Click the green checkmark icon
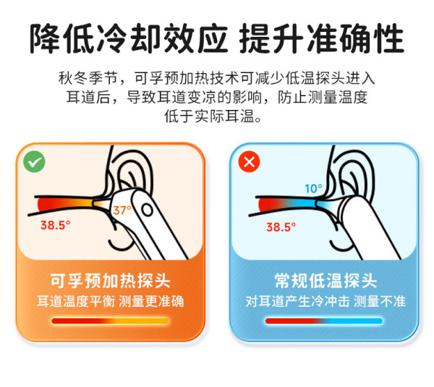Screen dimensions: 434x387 pyautogui.click(x=34, y=162)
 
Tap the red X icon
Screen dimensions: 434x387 pyautogui.click(x=249, y=161)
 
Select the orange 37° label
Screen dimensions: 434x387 pyautogui.click(x=122, y=210)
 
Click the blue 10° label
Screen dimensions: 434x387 pyautogui.click(x=313, y=189)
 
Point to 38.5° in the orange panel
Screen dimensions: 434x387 pyautogui.click(x=56, y=225)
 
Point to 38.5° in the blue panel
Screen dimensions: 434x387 pyautogui.click(x=281, y=227)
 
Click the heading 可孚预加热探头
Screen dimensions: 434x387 pyautogui.click(x=110, y=281)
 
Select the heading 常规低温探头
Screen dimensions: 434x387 pyautogui.click(x=325, y=281)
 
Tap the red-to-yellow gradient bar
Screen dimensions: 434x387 pyautogui.click(x=110, y=321)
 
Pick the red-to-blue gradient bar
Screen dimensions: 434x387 pyautogui.click(x=324, y=321)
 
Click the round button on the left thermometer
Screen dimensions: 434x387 pyautogui.click(x=147, y=210)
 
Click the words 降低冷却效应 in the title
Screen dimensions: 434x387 pyautogui.click(x=129, y=38)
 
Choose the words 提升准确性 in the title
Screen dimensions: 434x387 pyautogui.click(x=322, y=38)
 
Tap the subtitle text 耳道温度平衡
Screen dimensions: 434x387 pyautogui.click(x=76, y=301)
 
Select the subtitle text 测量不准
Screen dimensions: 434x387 pyautogui.click(x=380, y=301)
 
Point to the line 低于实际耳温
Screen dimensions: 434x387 pyautogui.click(x=213, y=116)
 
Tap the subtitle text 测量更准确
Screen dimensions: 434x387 pyautogui.click(x=151, y=301)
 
